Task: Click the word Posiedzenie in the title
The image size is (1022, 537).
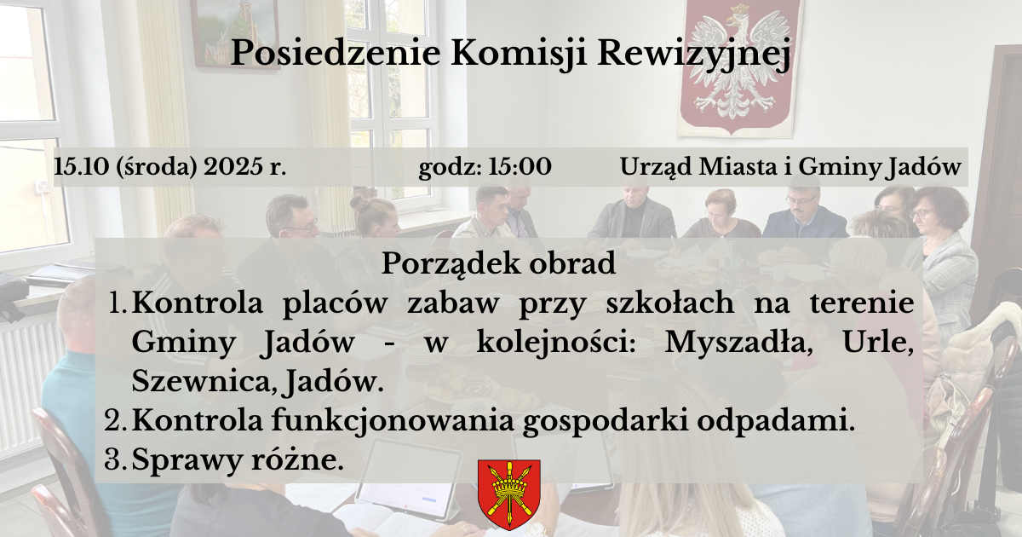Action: [x=336, y=53]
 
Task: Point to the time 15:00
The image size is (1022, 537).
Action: [x=520, y=167]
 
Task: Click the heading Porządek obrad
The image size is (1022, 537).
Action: [x=499, y=264]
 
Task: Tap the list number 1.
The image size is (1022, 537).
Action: [x=118, y=303]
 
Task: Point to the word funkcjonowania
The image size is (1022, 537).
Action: [x=393, y=421]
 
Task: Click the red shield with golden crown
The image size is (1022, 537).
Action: [x=509, y=494]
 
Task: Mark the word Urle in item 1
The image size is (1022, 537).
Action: [x=878, y=343]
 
